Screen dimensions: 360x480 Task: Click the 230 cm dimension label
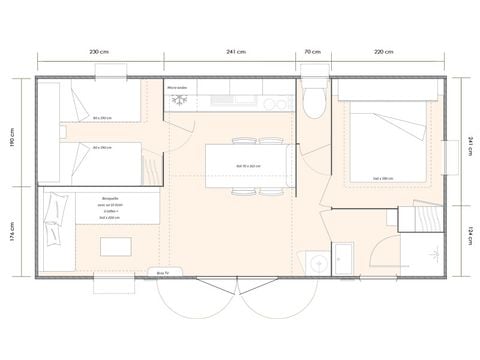coord(100,51)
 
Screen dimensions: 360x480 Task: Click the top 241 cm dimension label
coord(236,51)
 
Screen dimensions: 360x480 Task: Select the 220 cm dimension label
coord(385,51)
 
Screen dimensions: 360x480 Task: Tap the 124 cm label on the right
coord(469,238)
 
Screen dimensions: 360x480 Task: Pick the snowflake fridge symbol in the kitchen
coord(180,100)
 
